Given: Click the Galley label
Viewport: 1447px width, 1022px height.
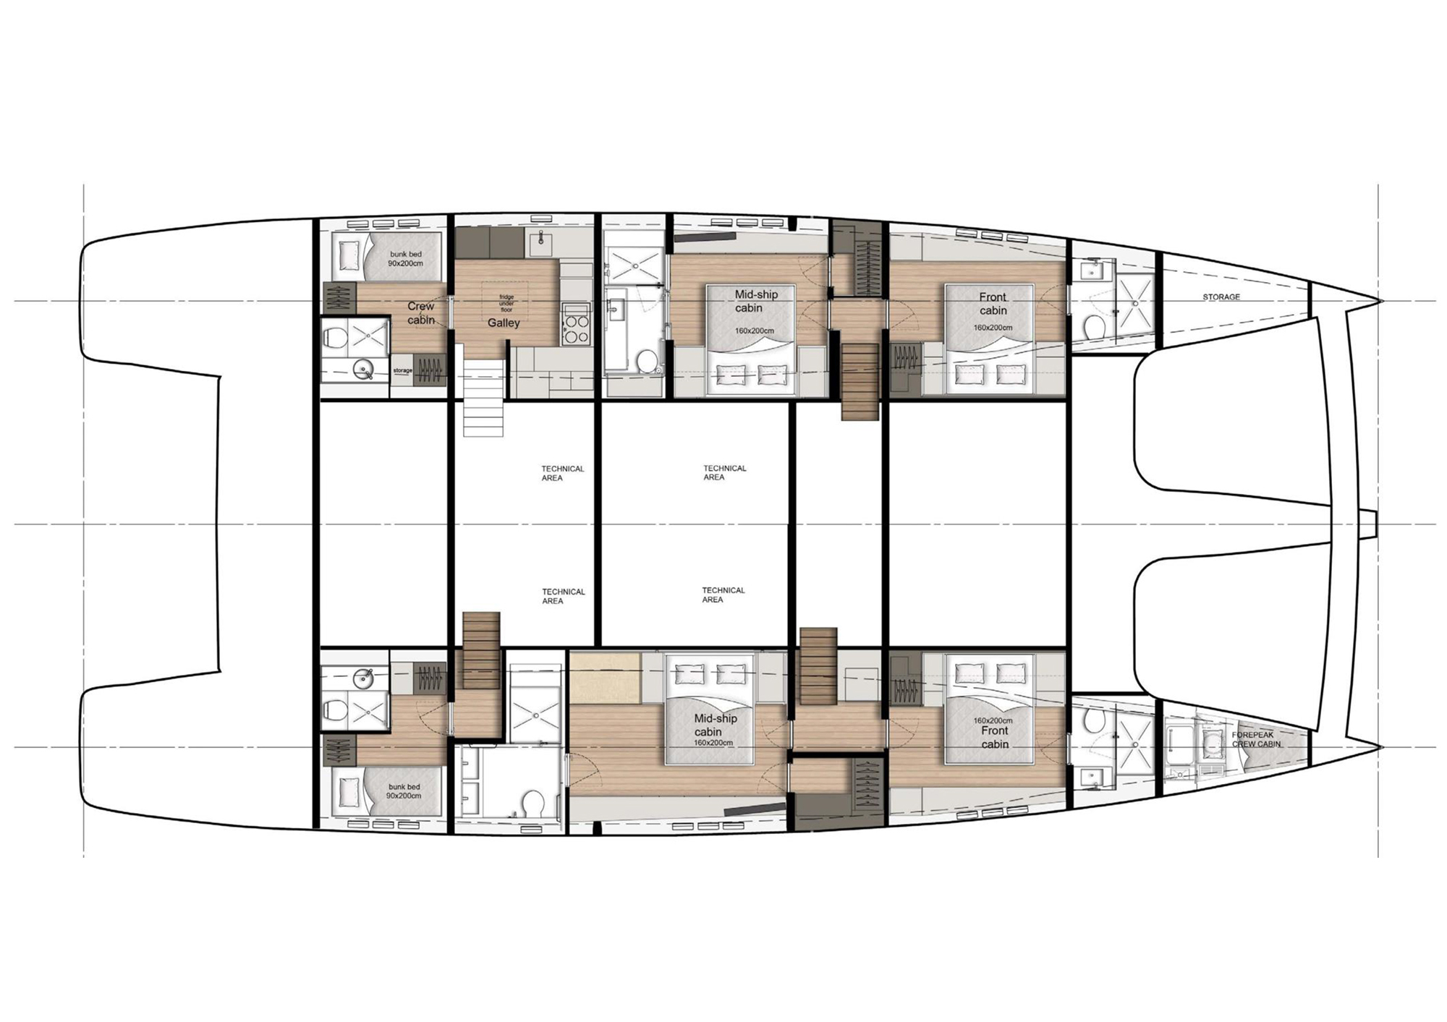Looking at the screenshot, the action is coord(504,323).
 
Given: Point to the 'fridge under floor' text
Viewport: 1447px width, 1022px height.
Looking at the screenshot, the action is coord(506,303).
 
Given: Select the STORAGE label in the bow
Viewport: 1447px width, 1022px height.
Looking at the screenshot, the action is coord(1221,297).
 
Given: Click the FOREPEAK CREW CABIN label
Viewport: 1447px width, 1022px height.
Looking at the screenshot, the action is coord(1257,739).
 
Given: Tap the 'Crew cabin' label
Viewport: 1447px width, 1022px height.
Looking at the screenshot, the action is coord(421,313).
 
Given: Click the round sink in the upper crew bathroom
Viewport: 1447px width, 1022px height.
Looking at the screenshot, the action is coord(362,371).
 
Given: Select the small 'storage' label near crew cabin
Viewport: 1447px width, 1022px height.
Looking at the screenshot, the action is coord(403,370).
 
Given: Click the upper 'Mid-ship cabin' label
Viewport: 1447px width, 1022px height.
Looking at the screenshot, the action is coord(756,301).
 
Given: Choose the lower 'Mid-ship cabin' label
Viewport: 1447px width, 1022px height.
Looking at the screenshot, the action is coord(715,725).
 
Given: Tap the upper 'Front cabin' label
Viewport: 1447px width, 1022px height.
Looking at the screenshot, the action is coord(993,303).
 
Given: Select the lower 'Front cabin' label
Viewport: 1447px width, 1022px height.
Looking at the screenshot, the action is coord(995,737).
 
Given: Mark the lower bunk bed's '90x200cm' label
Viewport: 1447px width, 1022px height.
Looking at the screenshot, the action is coord(404,796).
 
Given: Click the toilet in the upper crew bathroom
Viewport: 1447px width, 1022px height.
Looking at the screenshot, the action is coord(334,338).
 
